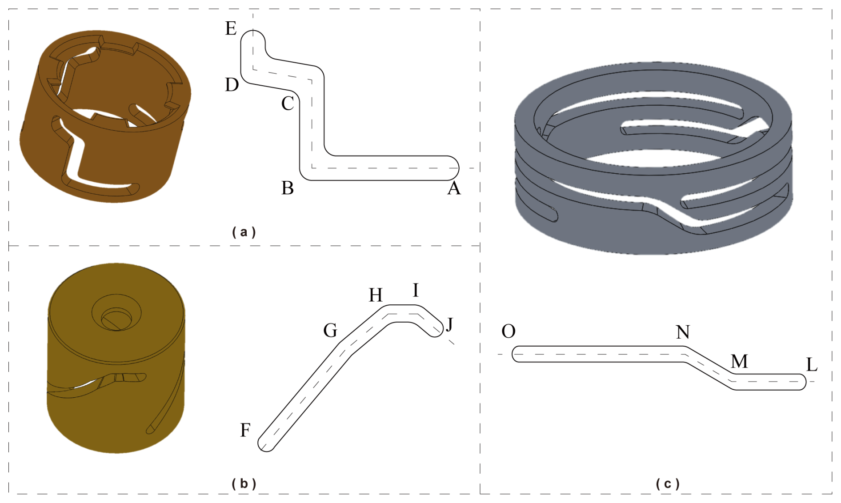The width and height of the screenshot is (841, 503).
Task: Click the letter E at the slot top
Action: coord(231,28)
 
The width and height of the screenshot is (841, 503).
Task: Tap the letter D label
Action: coord(232,84)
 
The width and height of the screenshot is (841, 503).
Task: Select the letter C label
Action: coord(288,104)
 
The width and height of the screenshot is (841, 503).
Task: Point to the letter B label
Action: coord(288,188)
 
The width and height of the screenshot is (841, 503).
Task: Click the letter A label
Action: coord(454,188)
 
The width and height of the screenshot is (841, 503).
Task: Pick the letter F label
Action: coord(245,430)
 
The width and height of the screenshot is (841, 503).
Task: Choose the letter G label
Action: coord(330,331)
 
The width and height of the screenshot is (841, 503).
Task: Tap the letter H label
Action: coord(376,295)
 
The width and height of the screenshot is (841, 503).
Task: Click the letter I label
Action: coord(416,290)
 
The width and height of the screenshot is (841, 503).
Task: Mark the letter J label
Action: coord(449,324)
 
